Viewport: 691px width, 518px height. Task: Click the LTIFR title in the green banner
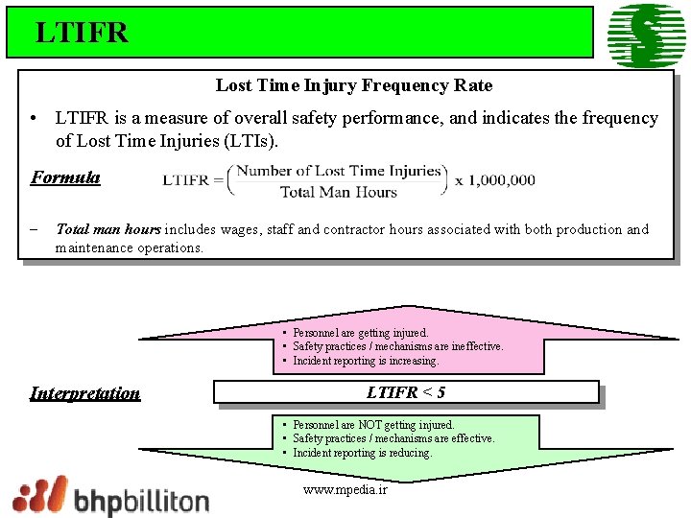click(x=82, y=34)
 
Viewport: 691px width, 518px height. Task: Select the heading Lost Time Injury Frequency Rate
click(x=353, y=85)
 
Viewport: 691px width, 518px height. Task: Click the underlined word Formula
click(x=65, y=177)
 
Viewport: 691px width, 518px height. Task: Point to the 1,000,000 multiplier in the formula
click(x=495, y=180)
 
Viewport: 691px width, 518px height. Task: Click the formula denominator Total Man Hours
click(x=338, y=192)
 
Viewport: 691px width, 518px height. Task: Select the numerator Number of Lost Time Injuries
click(x=339, y=171)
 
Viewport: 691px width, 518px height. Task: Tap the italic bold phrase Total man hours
click(x=108, y=229)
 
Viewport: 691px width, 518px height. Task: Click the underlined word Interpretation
click(x=85, y=393)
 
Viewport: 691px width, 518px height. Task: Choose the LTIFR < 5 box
click(x=406, y=392)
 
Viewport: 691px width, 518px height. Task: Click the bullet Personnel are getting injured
click(x=360, y=333)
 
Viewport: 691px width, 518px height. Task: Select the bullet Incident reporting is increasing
click(x=365, y=361)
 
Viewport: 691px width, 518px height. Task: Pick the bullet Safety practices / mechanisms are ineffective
click(x=397, y=346)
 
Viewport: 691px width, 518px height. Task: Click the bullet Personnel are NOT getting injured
click(x=373, y=424)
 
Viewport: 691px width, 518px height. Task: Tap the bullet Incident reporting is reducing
click(x=362, y=452)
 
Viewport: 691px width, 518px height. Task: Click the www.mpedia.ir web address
click(x=345, y=489)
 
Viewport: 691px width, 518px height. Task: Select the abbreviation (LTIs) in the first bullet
click(x=256, y=142)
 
